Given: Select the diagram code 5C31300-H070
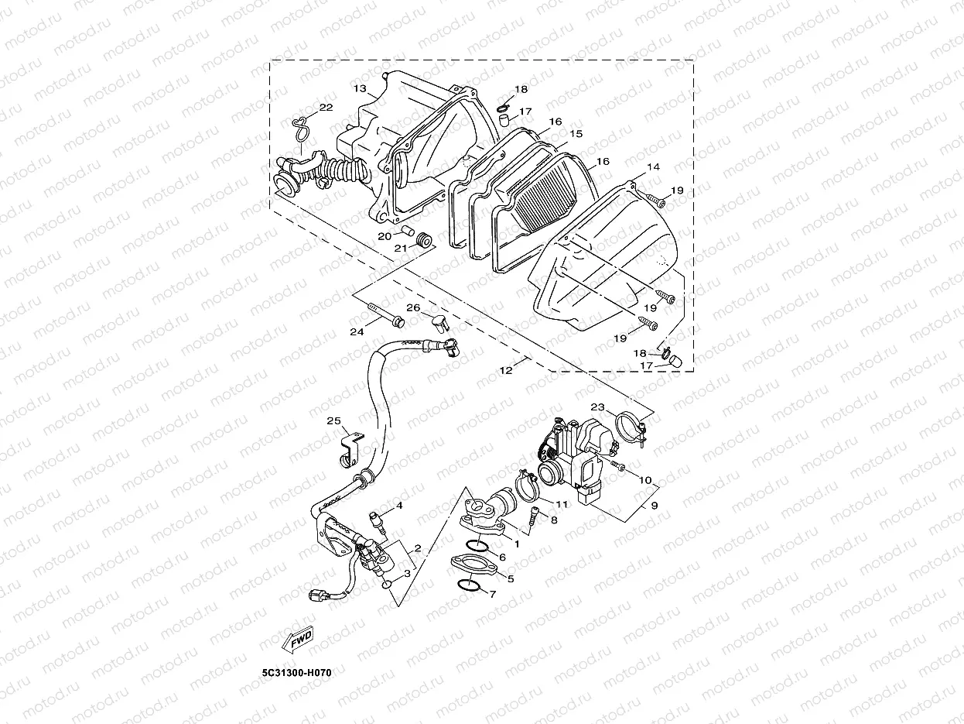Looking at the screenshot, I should coord(296,673).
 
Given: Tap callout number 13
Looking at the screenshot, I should coord(360,89).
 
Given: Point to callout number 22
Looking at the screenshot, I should coord(326,108).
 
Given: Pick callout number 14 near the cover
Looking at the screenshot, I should coord(653,167).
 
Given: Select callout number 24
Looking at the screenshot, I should coord(356,332).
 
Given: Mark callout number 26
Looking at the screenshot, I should coord(413,308).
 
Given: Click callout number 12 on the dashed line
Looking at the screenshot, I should coord(505,370).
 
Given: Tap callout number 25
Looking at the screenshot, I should coord(333,421).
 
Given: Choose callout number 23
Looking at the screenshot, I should coord(597,407).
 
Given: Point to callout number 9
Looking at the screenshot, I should coord(654,506).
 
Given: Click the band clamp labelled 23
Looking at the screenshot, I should coord(631,427).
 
